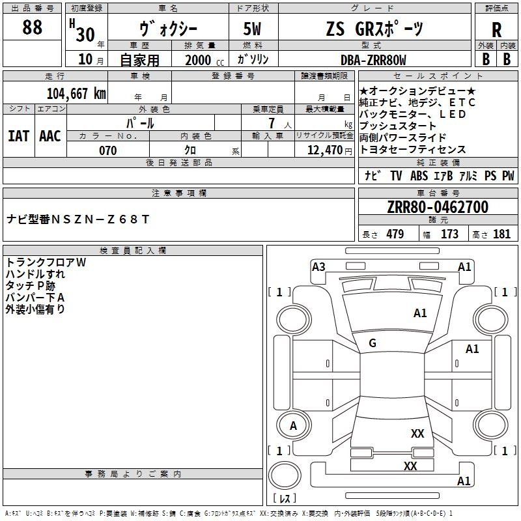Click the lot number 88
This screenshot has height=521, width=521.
[32, 27]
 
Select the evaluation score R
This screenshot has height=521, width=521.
[496, 30]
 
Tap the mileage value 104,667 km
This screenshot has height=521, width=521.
[76, 93]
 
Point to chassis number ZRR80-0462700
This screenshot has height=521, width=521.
[437, 207]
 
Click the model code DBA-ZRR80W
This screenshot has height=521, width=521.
[373, 60]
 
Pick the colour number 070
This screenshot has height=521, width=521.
[107, 150]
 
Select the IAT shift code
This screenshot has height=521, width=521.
[18, 135]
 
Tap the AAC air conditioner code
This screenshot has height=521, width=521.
[49, 135]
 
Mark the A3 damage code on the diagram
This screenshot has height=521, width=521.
[318, 266]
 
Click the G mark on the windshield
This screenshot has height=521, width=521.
[373, 343]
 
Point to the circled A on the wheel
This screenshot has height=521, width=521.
[293, 426]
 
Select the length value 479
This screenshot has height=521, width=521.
[393, 234]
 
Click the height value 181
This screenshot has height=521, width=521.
[501, 234]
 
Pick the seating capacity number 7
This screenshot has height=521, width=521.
[270, 123]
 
